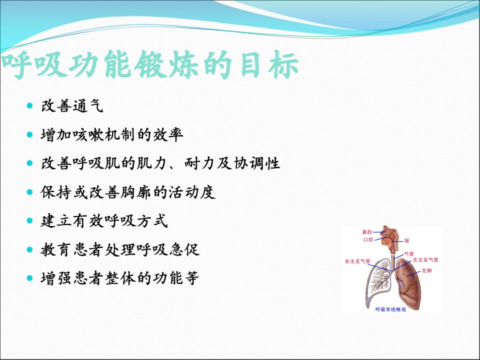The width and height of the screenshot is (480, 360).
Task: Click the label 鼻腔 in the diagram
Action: click(x=367, y=232)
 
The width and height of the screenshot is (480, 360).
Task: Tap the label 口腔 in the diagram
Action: click(x=368, y=239)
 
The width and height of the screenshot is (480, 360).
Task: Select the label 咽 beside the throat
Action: click(x=406, y=240)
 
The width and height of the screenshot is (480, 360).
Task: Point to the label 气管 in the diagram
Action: click(x=409, y=254)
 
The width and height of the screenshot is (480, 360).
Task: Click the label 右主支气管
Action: click(x=357, y=261)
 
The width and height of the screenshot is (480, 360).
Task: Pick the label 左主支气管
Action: click(x=426, y=260)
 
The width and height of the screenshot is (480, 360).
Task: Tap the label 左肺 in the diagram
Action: click(x=426, y=270)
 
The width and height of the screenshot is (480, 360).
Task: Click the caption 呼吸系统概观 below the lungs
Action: click(x=390, y=309)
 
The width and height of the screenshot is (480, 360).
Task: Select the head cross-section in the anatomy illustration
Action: click(x=389, y=236)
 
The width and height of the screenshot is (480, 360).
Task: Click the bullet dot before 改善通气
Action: click(x=29, y=106)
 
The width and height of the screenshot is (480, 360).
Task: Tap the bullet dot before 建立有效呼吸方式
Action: click(x=29, y=220)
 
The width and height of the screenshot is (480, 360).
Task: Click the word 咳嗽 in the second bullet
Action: click(x=88, y=134)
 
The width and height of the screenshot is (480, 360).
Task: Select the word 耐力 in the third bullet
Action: click(x=199, y=163)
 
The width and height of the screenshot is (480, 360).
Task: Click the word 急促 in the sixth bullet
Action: click(x=184, y=250)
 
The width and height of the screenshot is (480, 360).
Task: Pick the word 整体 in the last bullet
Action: click(x=120, y=278)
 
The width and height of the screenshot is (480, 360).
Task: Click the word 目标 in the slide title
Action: click(x=269, y=65)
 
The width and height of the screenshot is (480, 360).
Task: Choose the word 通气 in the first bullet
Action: click(x=88, y=106)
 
